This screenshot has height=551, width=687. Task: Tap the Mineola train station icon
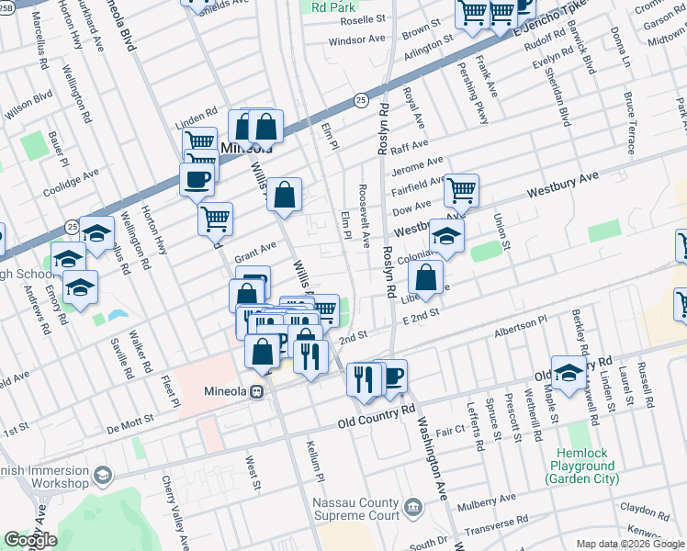pos(258,390)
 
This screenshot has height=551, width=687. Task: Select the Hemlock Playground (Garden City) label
pos(587,466)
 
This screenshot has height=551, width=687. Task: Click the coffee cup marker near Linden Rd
pos(197,179)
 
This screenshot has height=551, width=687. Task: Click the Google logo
pos(30,540)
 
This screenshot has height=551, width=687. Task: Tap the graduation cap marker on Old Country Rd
pos(569,371)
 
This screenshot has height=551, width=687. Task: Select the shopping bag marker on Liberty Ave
pos(426,276)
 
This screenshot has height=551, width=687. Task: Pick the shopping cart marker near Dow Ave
pos(461,190)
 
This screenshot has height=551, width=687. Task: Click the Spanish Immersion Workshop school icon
pos(101,475)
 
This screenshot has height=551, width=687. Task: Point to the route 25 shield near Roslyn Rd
pos(361,98)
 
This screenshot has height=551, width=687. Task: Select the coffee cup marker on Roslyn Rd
pos(392,375)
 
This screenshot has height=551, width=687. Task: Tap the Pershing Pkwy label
pos(481,102)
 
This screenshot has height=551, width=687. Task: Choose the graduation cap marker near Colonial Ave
pos(446,236)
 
